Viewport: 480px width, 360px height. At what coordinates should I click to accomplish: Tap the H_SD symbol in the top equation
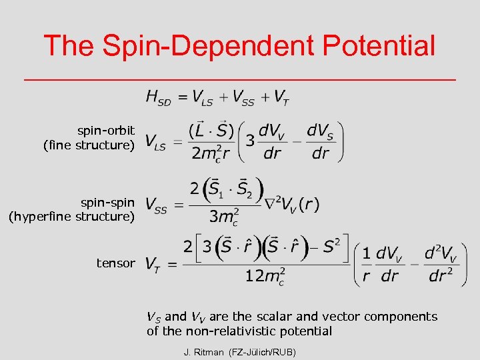tap(158, 98)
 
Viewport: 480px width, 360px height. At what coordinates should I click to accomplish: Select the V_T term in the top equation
tap(281, 98)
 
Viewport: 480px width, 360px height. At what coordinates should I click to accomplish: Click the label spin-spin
tap(107, 202)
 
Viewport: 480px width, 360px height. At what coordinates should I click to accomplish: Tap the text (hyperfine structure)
tap(71, 216)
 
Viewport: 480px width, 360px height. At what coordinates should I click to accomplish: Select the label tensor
tap(115, 263)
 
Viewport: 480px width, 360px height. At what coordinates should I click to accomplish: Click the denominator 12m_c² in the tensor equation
tap(265, 276)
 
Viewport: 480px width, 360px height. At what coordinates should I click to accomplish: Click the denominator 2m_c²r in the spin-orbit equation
tap(211, 153)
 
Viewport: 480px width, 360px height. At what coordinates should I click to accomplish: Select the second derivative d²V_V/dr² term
tap(441, 264)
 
